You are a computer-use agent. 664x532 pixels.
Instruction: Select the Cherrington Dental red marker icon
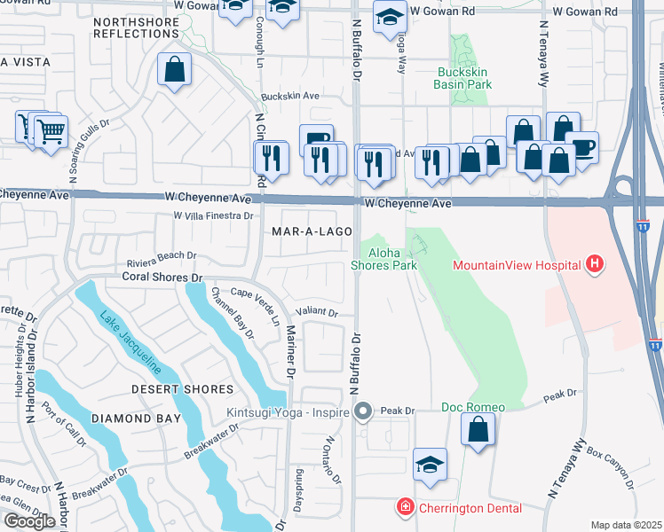pyautogui.click(x=405, y=507)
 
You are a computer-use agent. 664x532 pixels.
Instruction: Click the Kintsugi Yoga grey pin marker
pyautogui.click(x=362, y=411)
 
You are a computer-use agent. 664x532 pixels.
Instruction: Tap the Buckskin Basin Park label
pyautogui.click(x=470, y=78)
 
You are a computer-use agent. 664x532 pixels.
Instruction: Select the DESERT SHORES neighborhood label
pyautogui.click(x=183, y=389)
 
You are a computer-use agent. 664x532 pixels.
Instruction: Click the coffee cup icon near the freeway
pyautogui.click(x=581, y=147)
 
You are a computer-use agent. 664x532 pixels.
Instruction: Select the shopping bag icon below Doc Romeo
pyautogui.click(x=478, y=430)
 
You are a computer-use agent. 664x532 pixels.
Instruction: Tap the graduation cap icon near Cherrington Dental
pyautogui.click(x=430, y=465)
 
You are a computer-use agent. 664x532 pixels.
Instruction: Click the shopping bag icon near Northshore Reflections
pyautogui.click(x=175, y=68)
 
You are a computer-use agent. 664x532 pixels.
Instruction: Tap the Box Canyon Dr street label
pyautogui.click(x=612, y=470)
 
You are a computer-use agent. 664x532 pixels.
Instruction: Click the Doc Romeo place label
pyautogui.click(x=473, y=408)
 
